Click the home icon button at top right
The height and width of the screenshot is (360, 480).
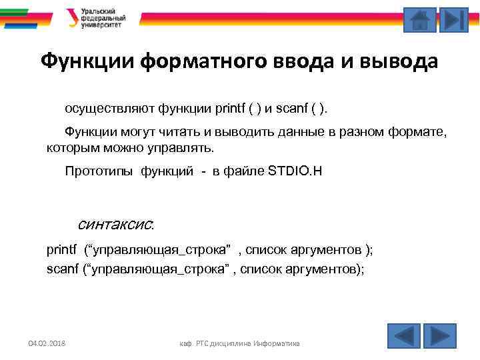[x=420, y=20]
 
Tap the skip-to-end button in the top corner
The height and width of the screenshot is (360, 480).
[x=455, y=20]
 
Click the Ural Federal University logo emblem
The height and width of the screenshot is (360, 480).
[x=72, y=17]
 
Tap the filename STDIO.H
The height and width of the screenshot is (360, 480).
[x=295, y=171]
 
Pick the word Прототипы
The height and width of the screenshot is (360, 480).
[x=100, y=171]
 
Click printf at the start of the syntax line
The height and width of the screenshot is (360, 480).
[x=62, y=250]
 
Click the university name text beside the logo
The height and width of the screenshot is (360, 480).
[x=103, y=18]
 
